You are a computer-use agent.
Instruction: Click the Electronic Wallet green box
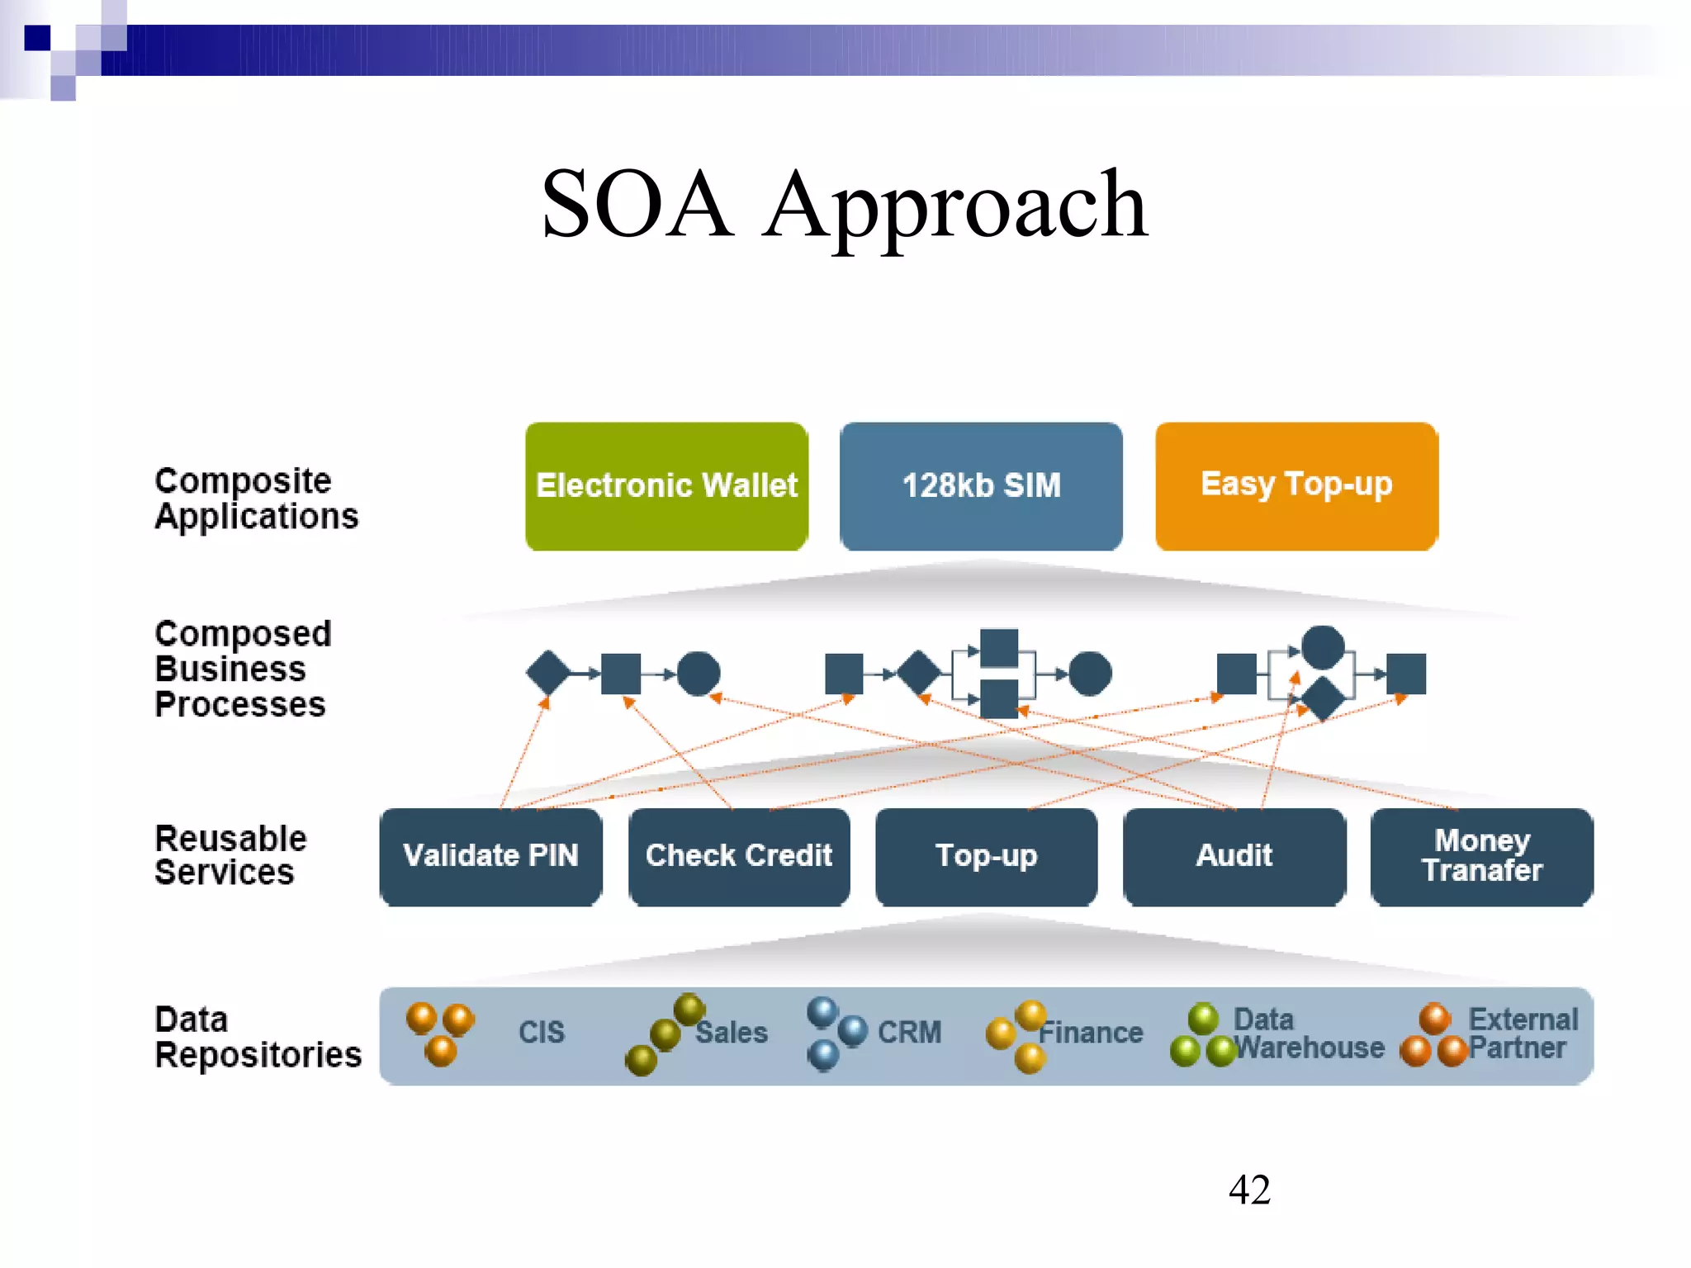pyautogui.click(x=666, y=486)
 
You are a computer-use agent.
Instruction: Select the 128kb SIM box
pyautogui.click(x=981, y=486)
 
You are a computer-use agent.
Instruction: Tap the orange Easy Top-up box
pyautogui.click(x=1296, y=486)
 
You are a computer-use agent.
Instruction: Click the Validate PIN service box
pyautogui.click(x=490, y=856)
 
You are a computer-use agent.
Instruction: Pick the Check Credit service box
pyautogui.click(x=739, y=856)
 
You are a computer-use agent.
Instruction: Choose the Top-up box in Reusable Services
pyautogui.click(x=986, y=856)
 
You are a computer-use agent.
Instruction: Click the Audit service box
pyautogui.click(x=1234, y=856)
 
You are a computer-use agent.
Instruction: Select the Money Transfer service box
pyautogui.click(x=1482, y=856)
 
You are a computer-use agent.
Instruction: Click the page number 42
pyautogui.click(x=1249, y=1190)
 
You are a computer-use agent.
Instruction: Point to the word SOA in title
pyautogui.click(x=637, y=204)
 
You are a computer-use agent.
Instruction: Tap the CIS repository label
pyautogui.click(x=542, y=1032)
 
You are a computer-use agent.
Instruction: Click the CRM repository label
pyautogui.click(x=909, y=1032)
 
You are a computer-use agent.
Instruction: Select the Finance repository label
pyautogui.click(x=1091, y=1033)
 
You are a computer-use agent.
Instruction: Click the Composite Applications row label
pyautogui.click(x=256, y=499)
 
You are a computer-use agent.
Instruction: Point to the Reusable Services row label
pyautogui.click(x=230, y=855)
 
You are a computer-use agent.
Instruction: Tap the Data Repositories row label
pyautogui.click(x=258, y=1038)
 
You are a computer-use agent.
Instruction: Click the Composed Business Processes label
pyautogui.click(x=242, y=669)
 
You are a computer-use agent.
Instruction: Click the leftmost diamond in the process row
pyautogui.click(x=548, y=673)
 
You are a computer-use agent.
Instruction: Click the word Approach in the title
pyautogui.click(x=955, y=204)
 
